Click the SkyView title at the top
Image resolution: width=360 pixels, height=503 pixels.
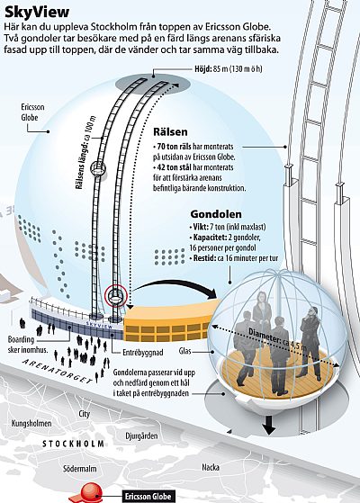(37, 13)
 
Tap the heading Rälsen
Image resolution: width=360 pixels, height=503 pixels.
(170, 132)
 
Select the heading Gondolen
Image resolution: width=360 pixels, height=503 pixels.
(216, 214)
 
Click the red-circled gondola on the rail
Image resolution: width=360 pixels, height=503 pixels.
(116, 296)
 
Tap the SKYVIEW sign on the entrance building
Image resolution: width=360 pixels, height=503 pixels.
(99, 325)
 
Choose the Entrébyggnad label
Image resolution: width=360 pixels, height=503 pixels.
(143, 353)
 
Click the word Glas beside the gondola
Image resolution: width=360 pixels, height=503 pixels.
(184, 351)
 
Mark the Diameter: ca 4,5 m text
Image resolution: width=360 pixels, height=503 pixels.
(277, 338)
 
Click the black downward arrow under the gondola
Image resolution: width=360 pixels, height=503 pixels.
(268, 426)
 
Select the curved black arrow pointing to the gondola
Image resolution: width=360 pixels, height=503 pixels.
(175, 285)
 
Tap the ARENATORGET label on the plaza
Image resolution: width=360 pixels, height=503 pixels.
(58, 371)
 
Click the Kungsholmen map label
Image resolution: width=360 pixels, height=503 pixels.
(31, 424)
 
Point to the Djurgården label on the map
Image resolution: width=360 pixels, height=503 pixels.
(141, 436)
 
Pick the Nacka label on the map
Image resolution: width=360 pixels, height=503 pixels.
(211, 467)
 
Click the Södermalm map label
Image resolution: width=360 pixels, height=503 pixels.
(79, 469)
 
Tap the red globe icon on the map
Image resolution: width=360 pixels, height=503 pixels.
(91, 493)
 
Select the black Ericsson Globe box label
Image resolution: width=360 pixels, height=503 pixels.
(148, 497)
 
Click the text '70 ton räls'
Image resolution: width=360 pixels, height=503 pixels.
(175, 147)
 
